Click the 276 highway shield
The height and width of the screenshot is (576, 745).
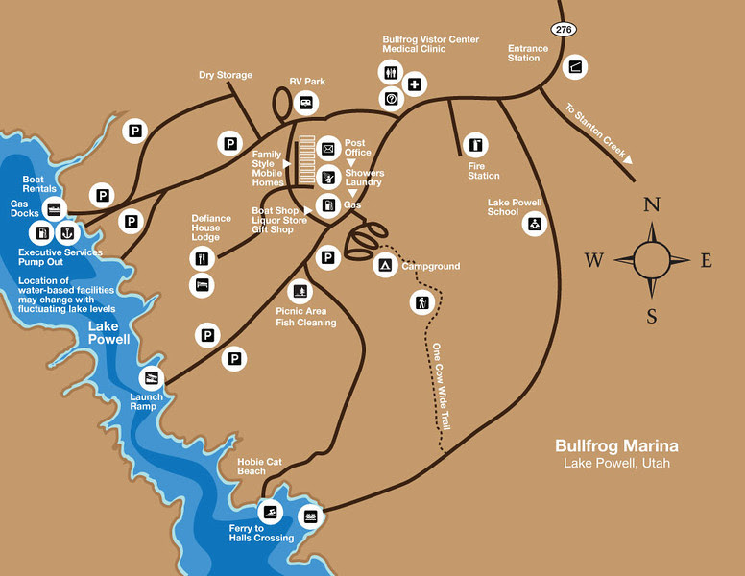[x=565, y=30]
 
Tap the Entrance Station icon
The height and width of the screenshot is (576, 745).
[x=575, y=67]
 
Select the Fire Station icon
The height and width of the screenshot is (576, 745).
[x=476, y=145]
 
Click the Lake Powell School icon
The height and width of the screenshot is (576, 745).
[x=533, y=225]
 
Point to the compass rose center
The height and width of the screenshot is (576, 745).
[x=651, y=259]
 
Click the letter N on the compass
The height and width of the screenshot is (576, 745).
[x=651, y=204]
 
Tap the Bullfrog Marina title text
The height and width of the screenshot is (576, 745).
[x=616, y=446]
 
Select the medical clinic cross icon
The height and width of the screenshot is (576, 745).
[x=415, y=84]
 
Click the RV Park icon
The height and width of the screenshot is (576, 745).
[x=306, y=101]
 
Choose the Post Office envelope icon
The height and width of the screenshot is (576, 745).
[x=328, y=149]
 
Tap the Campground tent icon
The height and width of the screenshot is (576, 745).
[x=384, y=264]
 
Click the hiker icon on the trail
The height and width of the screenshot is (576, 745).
[x=421, y=301]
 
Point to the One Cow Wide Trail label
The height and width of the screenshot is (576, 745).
[x=441, y=385]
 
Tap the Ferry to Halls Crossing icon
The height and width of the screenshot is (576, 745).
[x=271, y=514]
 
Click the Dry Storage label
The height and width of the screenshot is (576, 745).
[x=226, y=75]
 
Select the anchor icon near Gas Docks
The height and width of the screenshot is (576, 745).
[x=67, y=232]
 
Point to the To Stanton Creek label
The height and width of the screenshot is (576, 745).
[x=598, y=132]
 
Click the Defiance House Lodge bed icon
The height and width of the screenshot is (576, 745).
[x=202, y=285]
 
